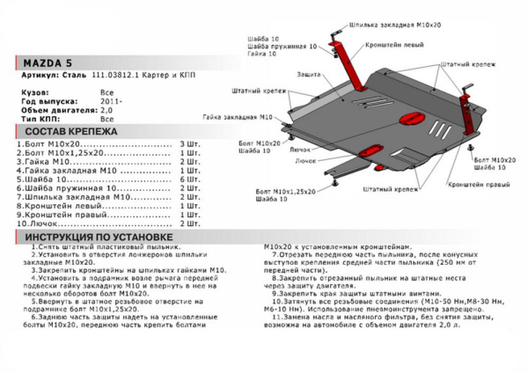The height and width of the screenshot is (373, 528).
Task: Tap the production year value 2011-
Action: click(x=107, y=101)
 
